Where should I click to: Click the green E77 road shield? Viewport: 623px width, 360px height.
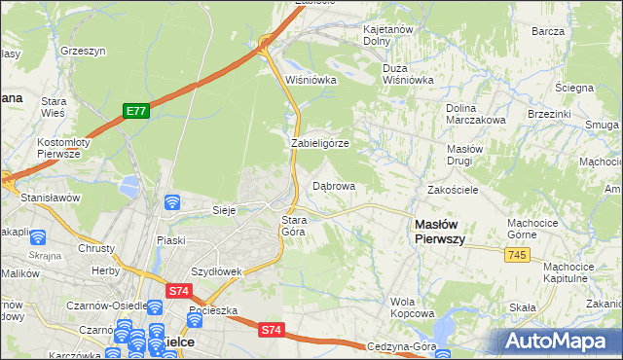[x=135, y=112]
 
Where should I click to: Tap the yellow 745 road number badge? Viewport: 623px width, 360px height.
[x=517, y=254]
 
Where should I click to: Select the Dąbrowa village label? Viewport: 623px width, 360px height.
[x=333, y=185]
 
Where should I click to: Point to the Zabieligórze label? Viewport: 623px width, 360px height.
[x=319, y=143]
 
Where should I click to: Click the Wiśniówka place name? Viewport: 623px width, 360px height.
[x=310, y=80]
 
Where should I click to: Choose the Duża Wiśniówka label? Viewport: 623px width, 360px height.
[x=407, y=74]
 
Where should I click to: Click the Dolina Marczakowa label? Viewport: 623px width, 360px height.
[x=475, y=113]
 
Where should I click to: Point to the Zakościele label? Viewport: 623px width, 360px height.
[x=452, y=190]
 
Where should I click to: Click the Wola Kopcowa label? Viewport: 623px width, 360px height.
[x=412, y=307]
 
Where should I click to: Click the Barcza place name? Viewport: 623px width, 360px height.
[x=549, y=31]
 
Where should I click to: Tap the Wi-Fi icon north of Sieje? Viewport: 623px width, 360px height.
[x=172, y=201]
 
